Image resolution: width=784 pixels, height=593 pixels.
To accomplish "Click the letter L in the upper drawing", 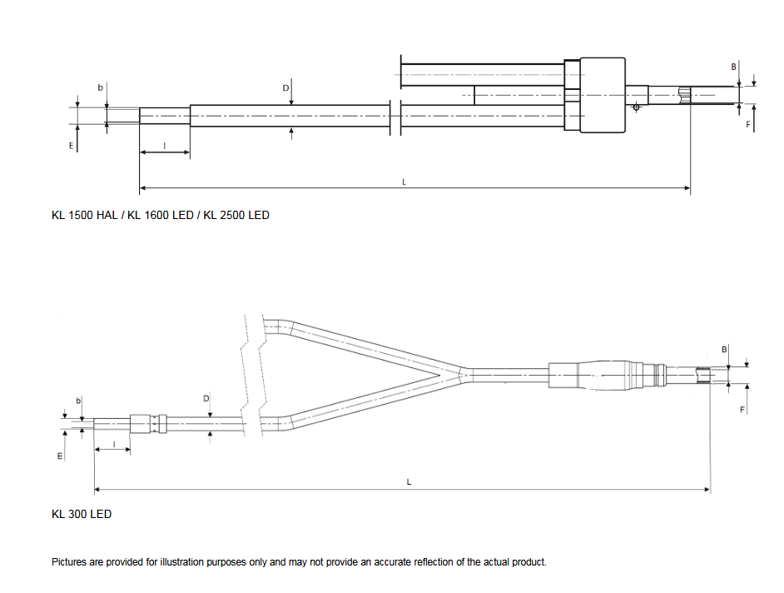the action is tap(404, 182).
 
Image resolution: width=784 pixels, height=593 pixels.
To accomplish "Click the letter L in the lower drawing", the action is tap(409, 482).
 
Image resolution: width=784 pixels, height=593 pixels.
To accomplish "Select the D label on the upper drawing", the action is tap(285, 88).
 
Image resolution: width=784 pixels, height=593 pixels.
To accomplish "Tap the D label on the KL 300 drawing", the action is tap(206, 399).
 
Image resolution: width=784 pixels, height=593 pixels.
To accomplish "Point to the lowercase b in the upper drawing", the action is tap(100, 87).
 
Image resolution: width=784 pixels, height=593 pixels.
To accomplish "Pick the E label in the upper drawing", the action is tap(71, 146).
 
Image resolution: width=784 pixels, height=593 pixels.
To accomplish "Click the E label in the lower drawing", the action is tap(60, 456).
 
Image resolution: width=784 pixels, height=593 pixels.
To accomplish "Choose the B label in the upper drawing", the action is tap(734, 67).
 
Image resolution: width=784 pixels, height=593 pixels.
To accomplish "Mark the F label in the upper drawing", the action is tap(748, 125).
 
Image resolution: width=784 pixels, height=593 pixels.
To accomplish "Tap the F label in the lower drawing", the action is tap(742, 410).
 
